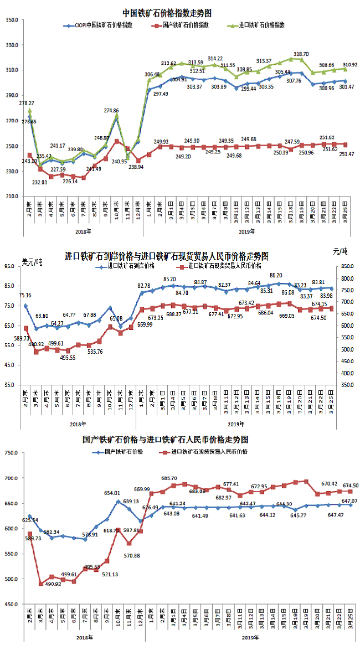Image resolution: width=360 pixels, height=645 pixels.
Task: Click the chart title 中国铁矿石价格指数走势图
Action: pos(167,12)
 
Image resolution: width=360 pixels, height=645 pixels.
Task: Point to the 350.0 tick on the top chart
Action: pos(12,20)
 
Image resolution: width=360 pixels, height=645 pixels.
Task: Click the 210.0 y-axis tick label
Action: pos(12,197)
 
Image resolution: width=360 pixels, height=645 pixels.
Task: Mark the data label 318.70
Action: pos(301,54)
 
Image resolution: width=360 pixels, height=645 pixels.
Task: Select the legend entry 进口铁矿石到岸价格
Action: pos(131,266)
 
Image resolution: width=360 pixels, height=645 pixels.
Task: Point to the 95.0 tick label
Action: pos(12,266)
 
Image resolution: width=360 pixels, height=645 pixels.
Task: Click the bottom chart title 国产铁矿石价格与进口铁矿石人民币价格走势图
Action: pos(165,440)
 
